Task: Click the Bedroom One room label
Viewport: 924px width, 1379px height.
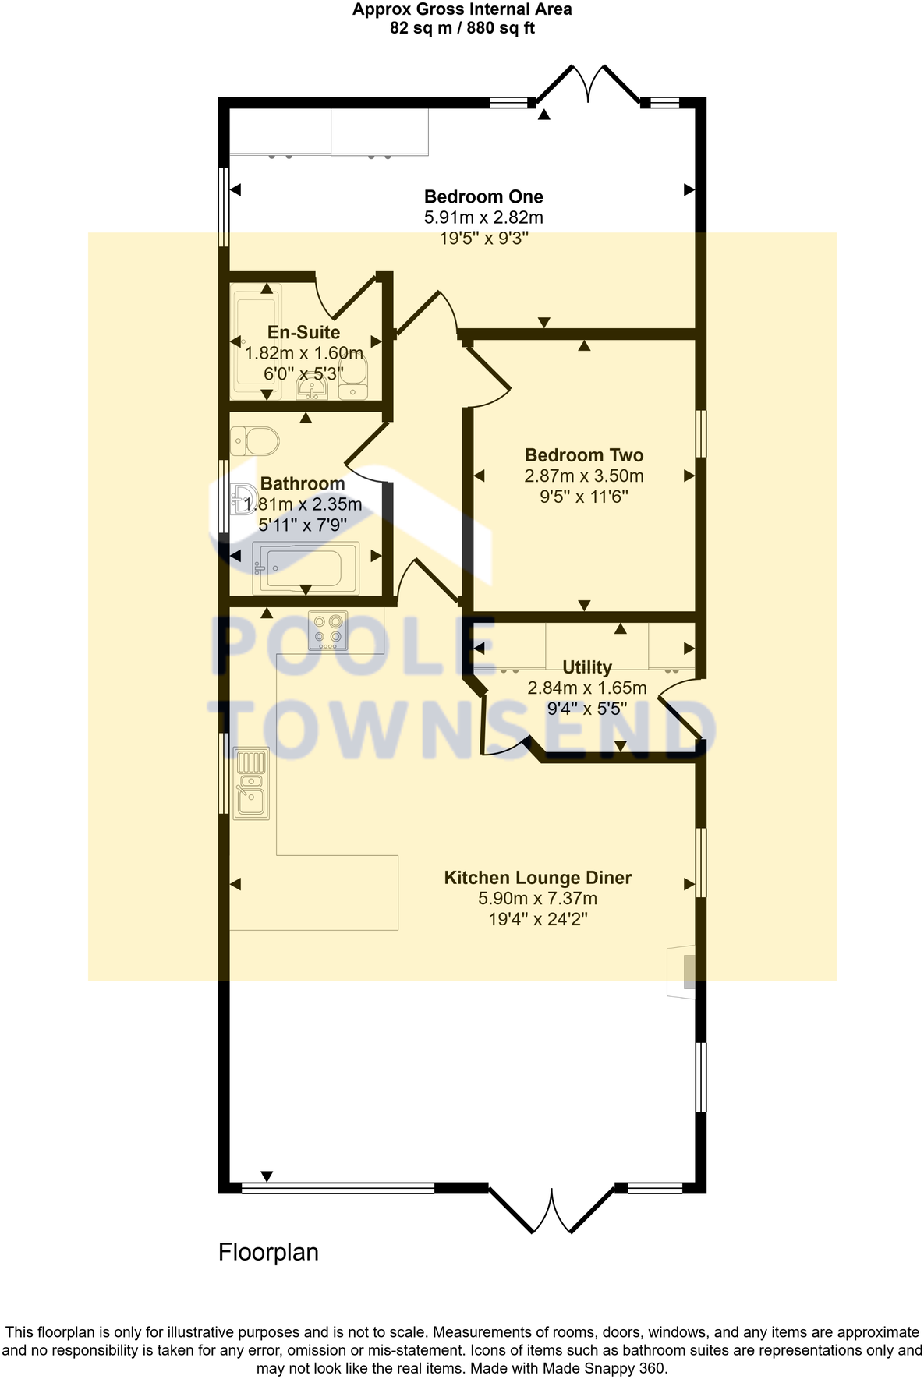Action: [483, 196]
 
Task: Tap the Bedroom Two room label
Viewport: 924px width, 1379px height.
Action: [583, 455]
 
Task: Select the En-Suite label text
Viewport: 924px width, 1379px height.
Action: [303, 332]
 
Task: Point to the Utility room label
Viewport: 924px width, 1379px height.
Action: [586, 667]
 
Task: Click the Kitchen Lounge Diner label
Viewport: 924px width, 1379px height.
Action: [537, 878]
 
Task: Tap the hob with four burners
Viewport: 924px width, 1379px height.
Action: [328, 631]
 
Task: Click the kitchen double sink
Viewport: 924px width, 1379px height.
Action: [251, 783]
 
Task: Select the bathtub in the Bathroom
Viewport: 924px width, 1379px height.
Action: [306, 568]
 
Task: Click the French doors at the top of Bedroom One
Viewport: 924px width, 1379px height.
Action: [588, 84]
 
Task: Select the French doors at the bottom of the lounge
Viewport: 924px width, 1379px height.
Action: [551, 1211]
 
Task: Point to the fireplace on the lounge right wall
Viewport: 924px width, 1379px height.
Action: [681, 971]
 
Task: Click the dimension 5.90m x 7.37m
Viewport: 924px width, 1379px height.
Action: [537, 899]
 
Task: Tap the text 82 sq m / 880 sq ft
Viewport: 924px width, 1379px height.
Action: [462, 29]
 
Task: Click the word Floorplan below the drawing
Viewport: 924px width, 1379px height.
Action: [268, 1253]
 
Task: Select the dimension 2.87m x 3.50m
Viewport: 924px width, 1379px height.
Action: [583, 476]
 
